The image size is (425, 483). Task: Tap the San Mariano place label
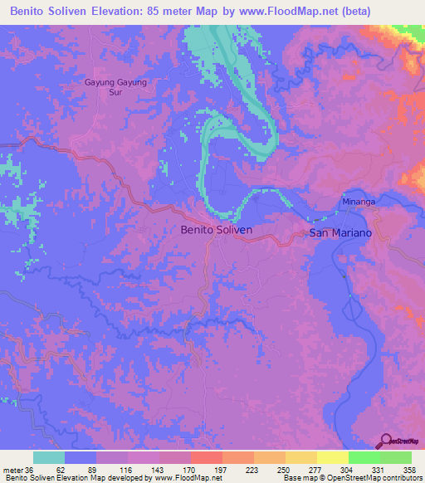click(x=347, y=233)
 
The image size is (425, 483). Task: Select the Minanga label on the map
click(x=359, y=202)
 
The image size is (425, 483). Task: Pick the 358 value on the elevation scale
click(x=409, y=469)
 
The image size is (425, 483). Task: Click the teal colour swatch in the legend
click(x=49, y=457)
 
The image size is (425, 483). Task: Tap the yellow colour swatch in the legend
click(x=333, y=457)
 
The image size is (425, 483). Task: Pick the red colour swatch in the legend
click(x=206, y=457)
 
